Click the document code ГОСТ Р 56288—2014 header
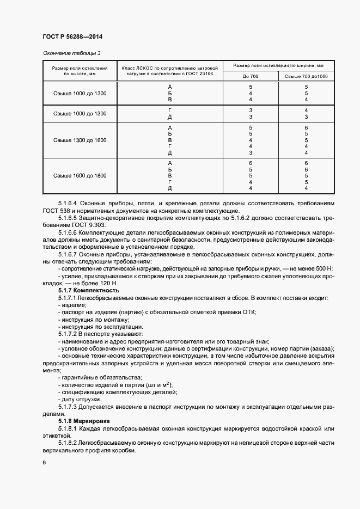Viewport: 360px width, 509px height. tap(72, 38)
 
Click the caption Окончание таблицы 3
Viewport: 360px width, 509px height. tap(71, 53)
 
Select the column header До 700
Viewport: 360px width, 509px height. tap(251, 76)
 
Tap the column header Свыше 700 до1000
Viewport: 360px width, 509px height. tap(306, 76)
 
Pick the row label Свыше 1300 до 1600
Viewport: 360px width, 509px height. tap(80, 140)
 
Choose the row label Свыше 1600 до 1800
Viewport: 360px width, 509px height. tap(80, 176)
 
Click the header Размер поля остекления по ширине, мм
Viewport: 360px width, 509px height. tap(278, 65)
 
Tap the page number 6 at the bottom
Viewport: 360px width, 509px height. tap(44, 463)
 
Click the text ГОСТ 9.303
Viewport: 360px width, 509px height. tap(85, 225)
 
